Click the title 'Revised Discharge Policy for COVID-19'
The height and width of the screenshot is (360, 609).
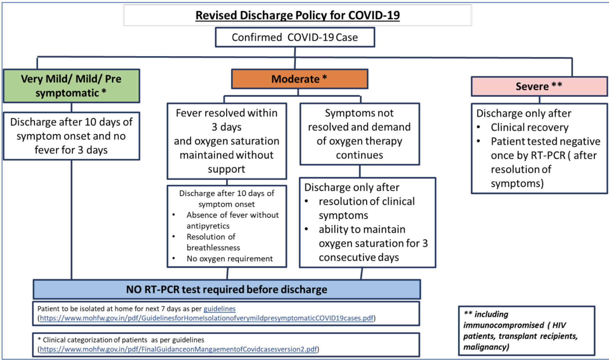[297, 15]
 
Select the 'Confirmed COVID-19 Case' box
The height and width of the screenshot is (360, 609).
[294, 37]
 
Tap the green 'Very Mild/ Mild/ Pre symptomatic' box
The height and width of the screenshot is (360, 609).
[71, 86]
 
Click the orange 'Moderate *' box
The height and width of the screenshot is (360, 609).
[299, 79]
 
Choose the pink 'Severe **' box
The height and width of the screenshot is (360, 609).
[539, 86]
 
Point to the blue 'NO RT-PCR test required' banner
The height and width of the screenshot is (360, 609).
[226, 289]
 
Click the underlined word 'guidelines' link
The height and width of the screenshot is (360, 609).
[219, 309]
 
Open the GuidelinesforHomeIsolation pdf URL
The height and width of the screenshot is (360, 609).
[206, 318]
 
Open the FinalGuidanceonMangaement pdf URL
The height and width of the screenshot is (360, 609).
[178, 349]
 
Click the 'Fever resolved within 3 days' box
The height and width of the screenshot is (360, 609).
[226, 141]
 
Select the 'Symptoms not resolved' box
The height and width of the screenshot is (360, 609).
[359, 134]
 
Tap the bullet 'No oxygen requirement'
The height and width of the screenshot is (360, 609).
[230, 259]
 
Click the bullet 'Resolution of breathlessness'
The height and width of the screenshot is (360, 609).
[213, 242]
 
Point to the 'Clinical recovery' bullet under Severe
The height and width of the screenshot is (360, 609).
[529, 127]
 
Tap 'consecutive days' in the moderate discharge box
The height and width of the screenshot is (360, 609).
[359, 257]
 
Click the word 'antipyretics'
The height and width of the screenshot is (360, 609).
[208, 226]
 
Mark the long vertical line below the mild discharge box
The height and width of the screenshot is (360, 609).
[72, 219]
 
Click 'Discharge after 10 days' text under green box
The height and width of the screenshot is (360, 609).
[71, 122]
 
